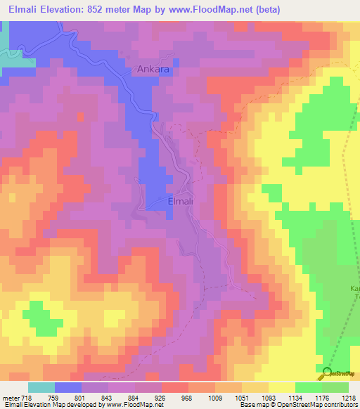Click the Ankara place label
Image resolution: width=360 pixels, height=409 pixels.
coord(153,71)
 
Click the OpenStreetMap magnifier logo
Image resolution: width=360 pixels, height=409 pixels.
coord(328,374)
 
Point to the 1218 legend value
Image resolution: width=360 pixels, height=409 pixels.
coord(349,397)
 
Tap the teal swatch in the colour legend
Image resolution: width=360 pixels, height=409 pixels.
coord(41,387)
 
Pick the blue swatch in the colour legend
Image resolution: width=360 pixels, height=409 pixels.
coord(68,387)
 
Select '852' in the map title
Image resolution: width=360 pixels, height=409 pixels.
coord(99,9)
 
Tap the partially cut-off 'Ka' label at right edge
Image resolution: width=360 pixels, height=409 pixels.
coord(354,289)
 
